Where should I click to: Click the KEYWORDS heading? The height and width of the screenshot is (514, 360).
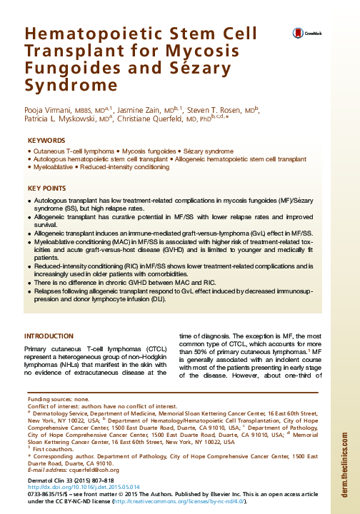click(46, 141)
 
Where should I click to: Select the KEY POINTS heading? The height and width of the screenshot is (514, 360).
click(46, 188)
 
